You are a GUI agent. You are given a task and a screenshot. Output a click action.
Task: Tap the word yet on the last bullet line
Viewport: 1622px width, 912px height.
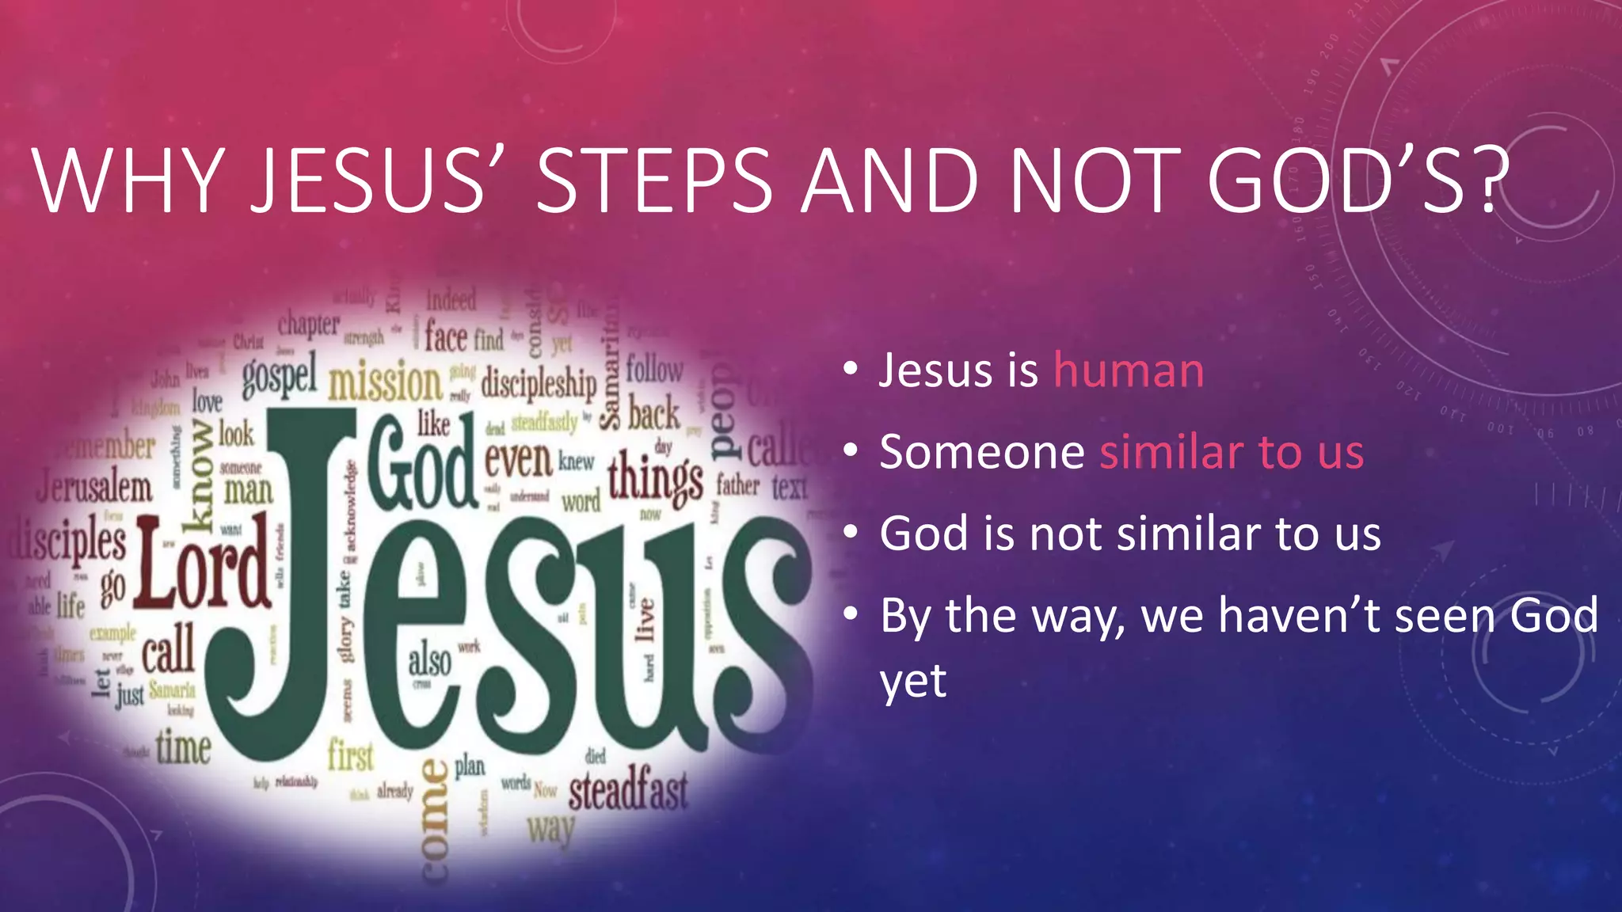(913, 681)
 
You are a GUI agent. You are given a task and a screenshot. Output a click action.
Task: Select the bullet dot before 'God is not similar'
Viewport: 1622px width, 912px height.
(851, 533)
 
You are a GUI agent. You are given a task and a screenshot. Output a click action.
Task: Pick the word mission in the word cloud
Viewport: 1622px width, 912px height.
(385, 382)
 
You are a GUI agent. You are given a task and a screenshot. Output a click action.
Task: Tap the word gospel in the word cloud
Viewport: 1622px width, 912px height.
(280, 375)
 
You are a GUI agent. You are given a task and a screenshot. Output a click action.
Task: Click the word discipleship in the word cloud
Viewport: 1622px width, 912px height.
(539, 384)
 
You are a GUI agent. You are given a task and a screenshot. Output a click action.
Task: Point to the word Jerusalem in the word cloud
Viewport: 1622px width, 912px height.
(94, 486)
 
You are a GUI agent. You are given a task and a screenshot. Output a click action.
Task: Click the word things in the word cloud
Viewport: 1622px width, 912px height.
(655, 478)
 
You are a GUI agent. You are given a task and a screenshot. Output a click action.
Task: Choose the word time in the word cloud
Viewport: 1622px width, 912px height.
(183, 747)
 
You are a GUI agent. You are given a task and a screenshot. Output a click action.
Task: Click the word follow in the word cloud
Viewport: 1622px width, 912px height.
(654, 370)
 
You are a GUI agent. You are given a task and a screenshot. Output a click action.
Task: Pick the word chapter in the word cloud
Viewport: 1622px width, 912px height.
(308, 325)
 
